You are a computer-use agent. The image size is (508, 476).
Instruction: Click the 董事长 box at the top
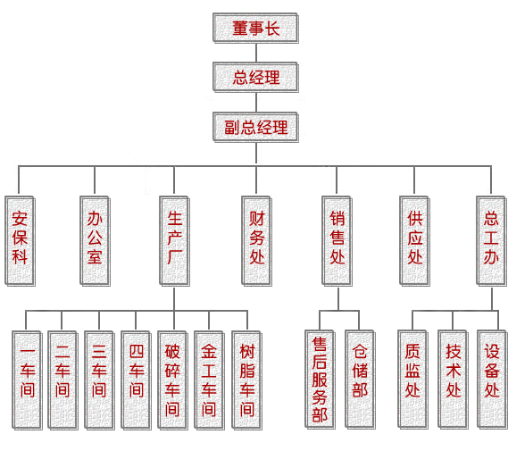[255, 29]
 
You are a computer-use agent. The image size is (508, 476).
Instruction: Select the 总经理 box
[255, 78]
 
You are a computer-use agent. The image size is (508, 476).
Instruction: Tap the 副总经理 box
[255, 127]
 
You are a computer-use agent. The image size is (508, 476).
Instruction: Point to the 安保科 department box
[20, 241]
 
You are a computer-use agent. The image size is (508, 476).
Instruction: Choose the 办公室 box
[96, 241]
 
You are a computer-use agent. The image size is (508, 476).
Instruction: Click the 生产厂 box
[175, 241]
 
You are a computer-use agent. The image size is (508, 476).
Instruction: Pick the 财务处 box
[256, 241]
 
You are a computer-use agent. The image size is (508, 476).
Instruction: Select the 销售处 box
[337, 241]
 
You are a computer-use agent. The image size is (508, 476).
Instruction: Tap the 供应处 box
[414, 241]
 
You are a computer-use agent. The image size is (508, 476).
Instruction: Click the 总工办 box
[491, 241]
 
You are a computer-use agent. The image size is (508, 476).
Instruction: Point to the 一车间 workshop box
[27, 380]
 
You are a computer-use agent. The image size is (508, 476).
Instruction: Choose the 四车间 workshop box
[136, 380]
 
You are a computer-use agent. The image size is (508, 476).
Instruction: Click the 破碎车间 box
[172, 380]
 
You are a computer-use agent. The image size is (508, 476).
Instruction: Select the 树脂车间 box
[247, 380]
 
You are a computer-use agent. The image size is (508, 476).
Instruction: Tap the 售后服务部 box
[321, 380]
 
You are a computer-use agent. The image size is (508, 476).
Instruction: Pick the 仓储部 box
[361, 380]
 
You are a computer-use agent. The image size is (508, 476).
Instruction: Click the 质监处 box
[412, 380]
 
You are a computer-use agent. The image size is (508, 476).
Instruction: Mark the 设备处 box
[492, 380]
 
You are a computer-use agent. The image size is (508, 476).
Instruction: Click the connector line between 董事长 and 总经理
[256, 53]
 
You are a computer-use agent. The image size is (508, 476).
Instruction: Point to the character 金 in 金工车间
[209, 351]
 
